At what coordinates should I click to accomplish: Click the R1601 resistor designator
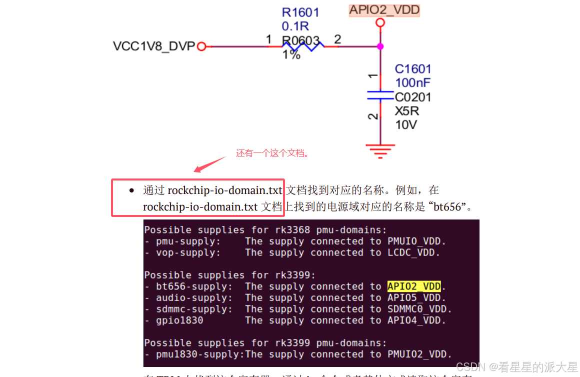tap(300, 12)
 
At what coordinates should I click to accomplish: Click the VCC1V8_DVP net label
tap(153, 46)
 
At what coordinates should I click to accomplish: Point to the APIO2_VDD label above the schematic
tap(384, 9)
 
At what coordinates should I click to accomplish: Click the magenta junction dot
tap(380, 46)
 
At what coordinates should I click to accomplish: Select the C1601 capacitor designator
tap(413, 69)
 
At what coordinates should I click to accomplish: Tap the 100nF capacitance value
tap(412, 82)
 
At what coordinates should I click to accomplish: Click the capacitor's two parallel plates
tap(380, 95)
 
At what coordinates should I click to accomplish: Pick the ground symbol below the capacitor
tap(380, 150)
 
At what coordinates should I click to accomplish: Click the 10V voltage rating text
tap(405, 124)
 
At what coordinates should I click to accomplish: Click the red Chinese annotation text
tap(272, 153)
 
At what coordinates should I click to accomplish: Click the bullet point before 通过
tap(131, 190)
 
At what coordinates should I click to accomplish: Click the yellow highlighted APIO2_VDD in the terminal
tap(414, 286)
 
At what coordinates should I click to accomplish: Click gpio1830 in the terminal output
tap(179, 320)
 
